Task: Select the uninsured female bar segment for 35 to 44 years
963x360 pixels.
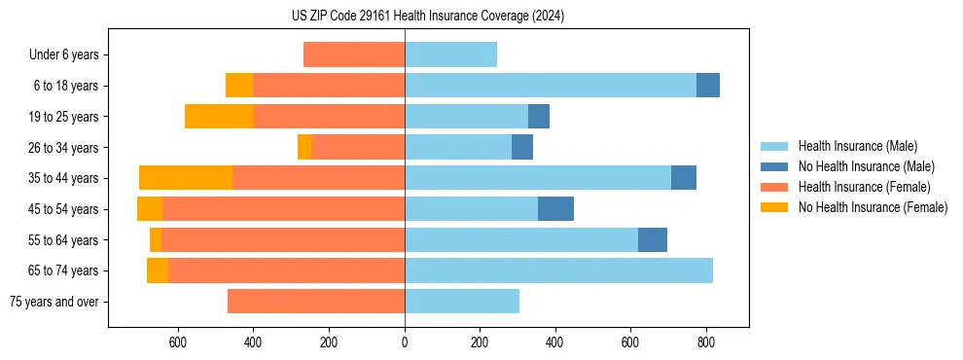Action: click(x=186, y=178)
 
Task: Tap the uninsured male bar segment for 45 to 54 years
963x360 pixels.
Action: click(x=555, y=209)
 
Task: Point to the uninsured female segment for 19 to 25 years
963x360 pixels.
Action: click(x=219, y=117)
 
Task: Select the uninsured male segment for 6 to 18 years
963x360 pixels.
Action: click(x=708, y=86)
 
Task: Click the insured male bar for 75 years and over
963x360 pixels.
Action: click(x=462, y=302)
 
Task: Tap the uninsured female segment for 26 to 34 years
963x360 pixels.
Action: click(x=304, y=147)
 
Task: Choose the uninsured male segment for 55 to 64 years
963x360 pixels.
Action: click(x=653, y=239)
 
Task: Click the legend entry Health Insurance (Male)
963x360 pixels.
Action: click(x=856, y=146)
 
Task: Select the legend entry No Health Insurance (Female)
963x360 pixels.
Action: click(x=873, y=207)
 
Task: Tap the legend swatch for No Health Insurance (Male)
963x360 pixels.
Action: click(x=775, y=166)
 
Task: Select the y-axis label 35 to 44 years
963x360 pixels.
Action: click(x=64, y=178)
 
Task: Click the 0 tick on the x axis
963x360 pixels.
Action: click(x=405, y=342)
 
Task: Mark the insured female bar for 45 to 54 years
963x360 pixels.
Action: click(x=283, y=209)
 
